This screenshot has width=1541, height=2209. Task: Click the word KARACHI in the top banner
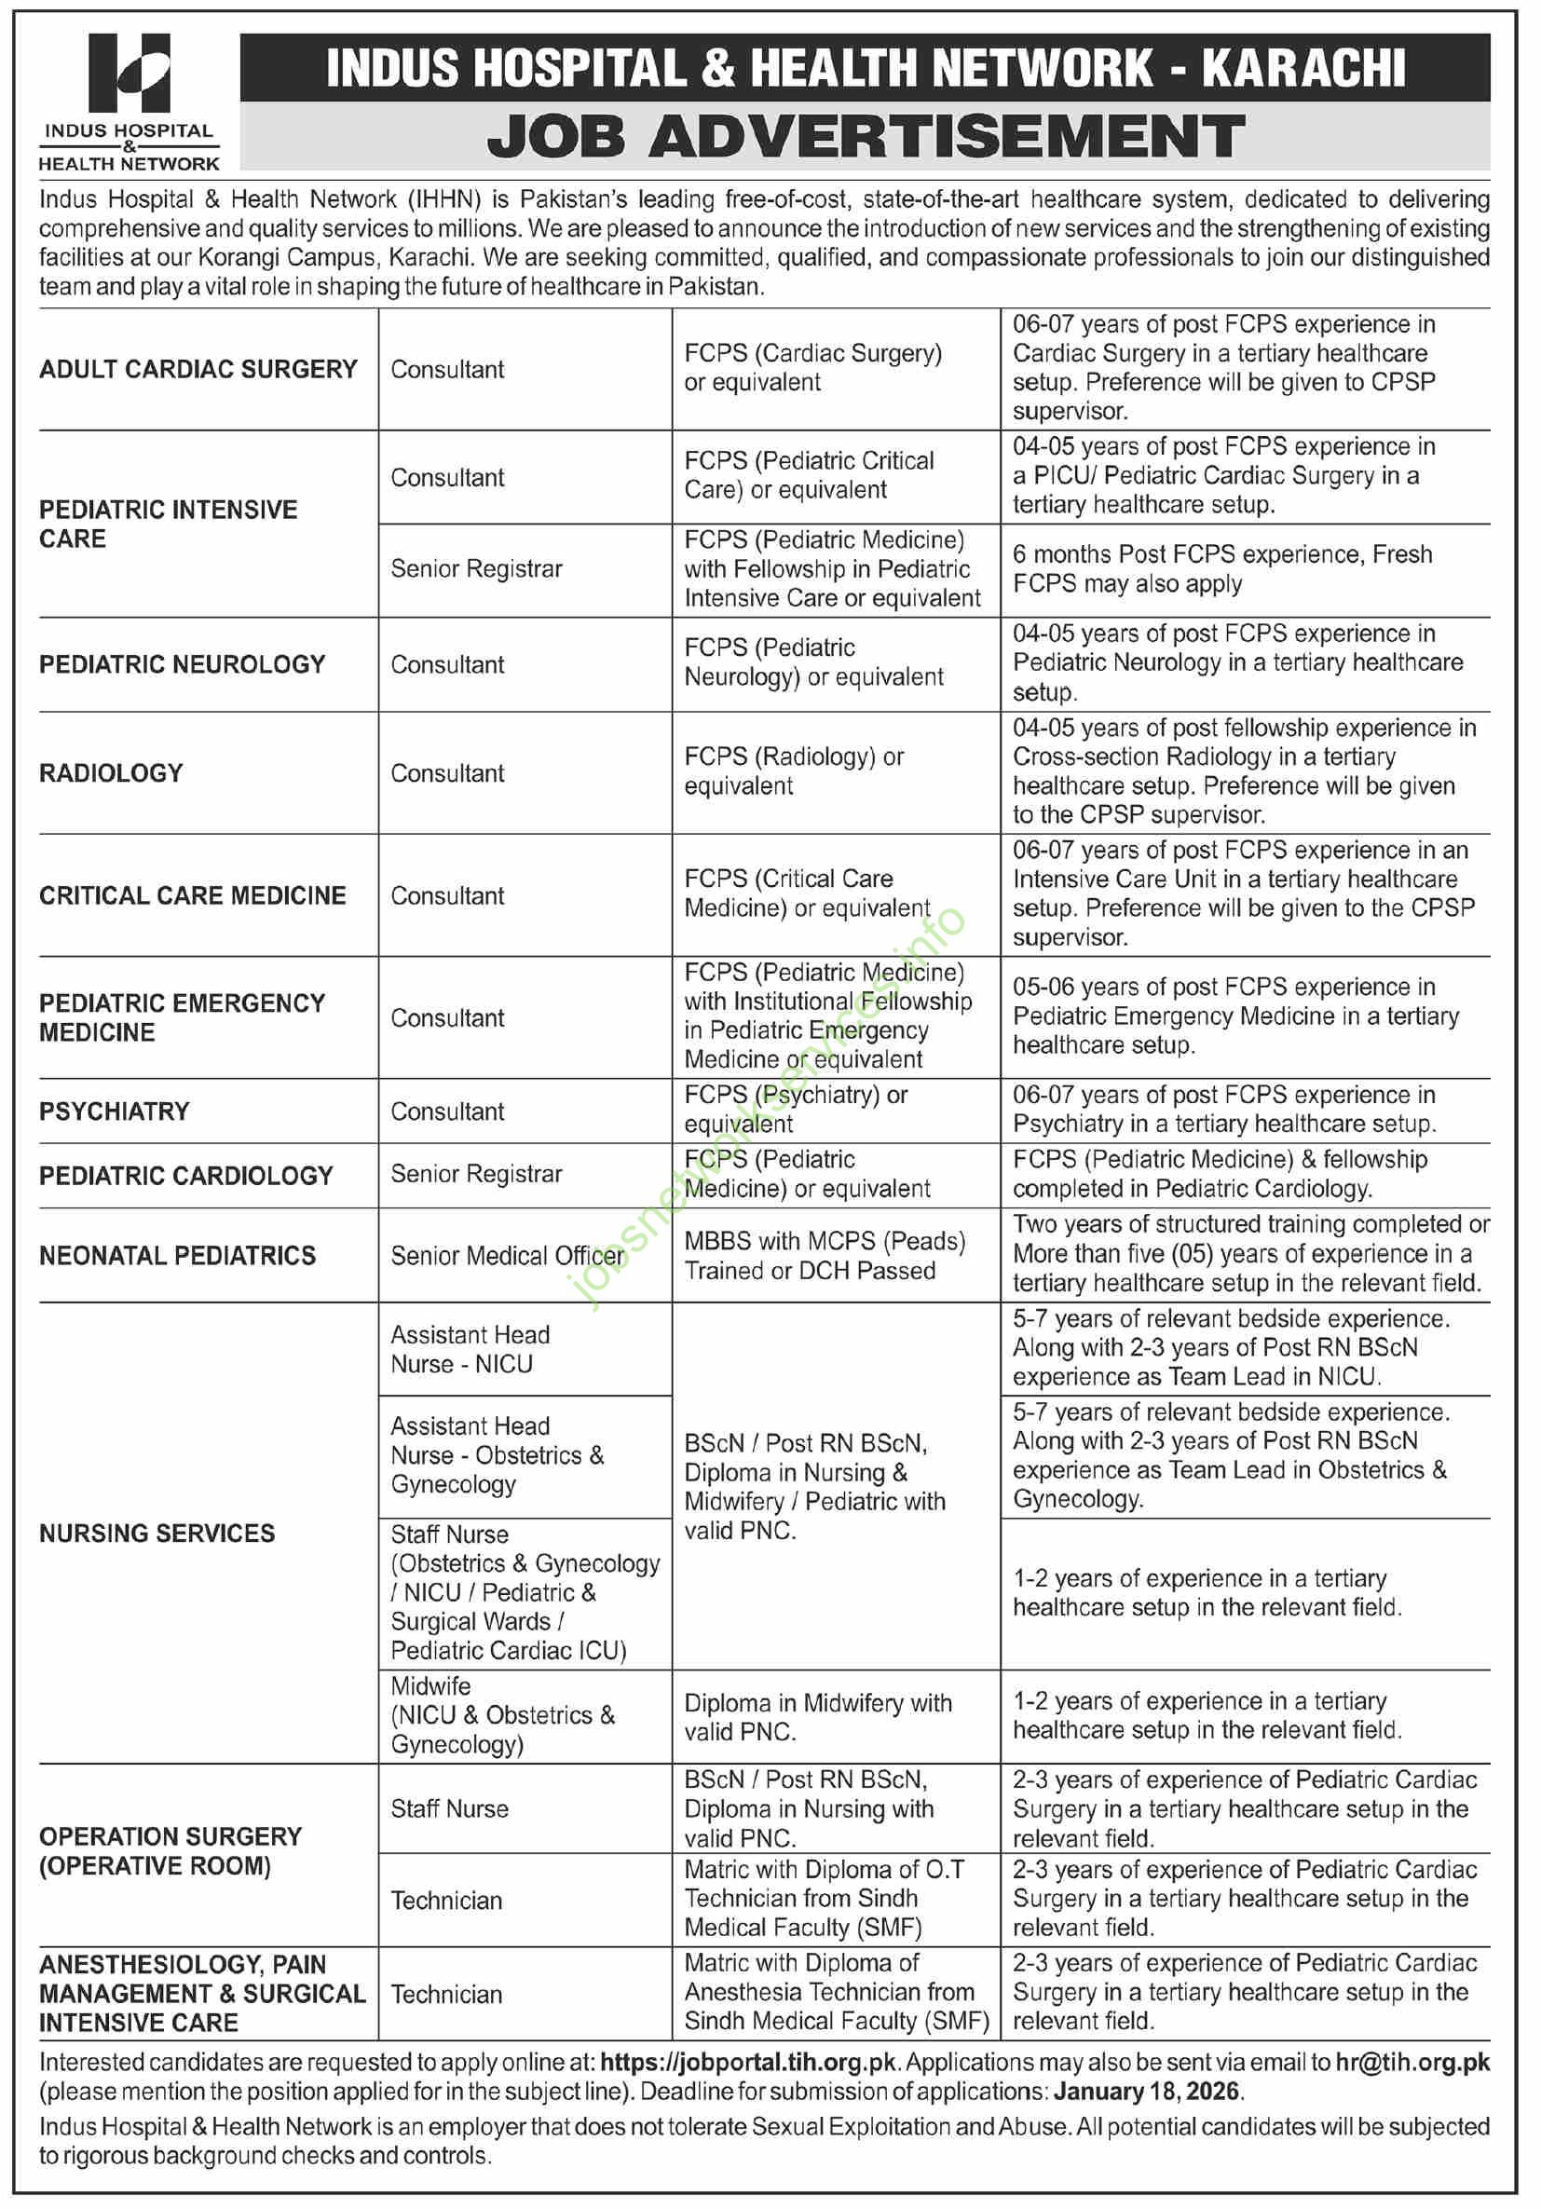[x=1303, y=68]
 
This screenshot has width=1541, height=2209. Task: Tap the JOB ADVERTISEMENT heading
[x=865, y=136]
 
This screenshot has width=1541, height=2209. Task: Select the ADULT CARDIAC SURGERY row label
[x=198, y=370]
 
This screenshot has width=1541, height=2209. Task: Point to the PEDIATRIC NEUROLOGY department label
[x=182, y=665]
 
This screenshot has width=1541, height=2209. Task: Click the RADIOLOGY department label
[x=111, y=773]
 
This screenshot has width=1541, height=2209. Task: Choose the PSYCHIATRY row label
[x=114, y=1112]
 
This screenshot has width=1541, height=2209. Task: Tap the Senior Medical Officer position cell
[x=507, y=1257]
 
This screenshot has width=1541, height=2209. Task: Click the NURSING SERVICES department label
[x=157, y=1534]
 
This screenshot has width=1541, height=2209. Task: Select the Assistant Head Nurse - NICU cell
[x=470, y=1350]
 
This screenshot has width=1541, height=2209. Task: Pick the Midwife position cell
[x=502, y=1715]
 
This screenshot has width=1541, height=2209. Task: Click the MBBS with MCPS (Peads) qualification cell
[x=825, y=1257]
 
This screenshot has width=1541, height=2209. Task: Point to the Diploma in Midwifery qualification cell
[x=818, y=1717]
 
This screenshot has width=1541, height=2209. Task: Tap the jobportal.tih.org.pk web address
[x=748, y=2063]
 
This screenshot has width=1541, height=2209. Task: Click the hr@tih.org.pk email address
[x=1412, y=2063]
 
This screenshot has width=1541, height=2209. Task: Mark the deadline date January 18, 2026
[x=1148, y=2092]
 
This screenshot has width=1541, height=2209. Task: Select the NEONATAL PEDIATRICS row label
[x=177, y=1257]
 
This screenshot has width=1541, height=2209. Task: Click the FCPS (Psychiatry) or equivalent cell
[x=796, y=1110]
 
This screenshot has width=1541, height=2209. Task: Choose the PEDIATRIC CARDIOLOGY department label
[x=185, y=1176]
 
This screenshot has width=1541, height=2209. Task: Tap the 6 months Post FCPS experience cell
[x=1221, y=569]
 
